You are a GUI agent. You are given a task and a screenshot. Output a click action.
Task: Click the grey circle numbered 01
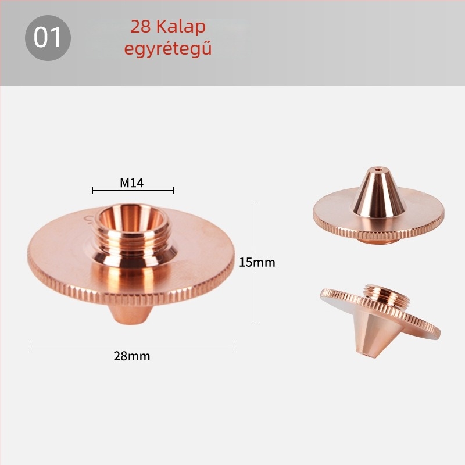tap(48, 38)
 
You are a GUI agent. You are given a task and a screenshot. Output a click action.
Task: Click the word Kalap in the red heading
tap(181, 27)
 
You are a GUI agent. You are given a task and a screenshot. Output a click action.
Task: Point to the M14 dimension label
tap(132, 183)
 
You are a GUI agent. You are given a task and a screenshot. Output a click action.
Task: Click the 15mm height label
tap(257, 263)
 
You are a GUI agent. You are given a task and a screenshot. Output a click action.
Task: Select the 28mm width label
tap(132, 356)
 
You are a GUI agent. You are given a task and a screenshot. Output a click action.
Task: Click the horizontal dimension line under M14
tap(133, 191)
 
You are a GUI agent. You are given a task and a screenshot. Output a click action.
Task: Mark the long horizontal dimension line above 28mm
tap(133, 346)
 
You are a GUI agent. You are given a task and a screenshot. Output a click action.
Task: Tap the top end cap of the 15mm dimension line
tap(255, 202)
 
